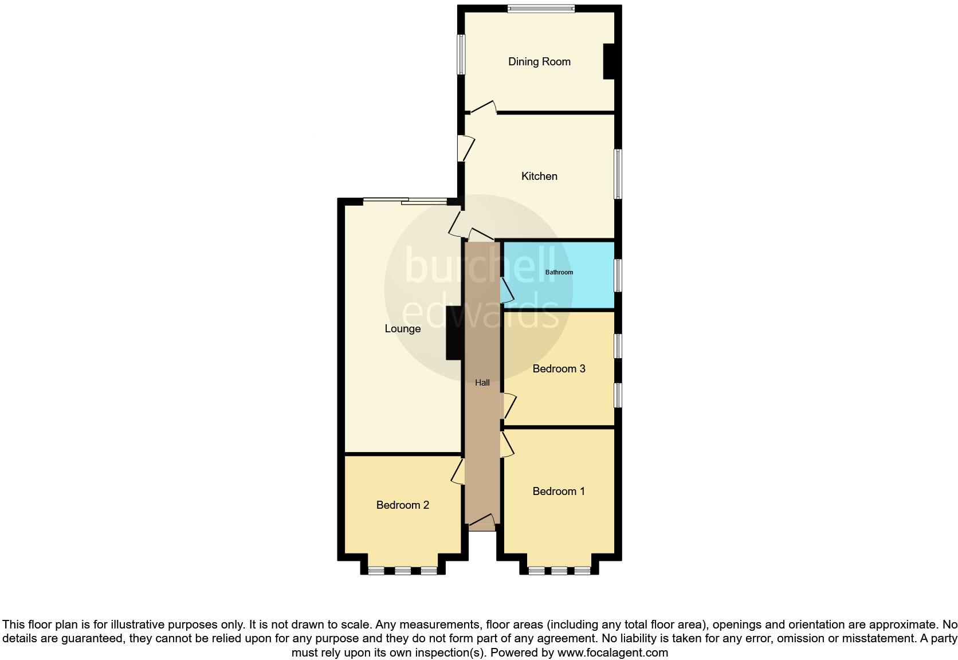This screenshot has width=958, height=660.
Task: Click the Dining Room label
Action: tap(539, 62)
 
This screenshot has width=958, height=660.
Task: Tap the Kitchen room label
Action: tap(539, 176)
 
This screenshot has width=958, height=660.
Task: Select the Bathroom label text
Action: tap(559, 272)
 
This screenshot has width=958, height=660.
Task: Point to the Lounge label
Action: tap(403, 329)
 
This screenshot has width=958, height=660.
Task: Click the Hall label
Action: tap(482, 383)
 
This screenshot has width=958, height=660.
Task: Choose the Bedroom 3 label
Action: tap(559, 369)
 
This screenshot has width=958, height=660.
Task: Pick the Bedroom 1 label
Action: tap(559, 492)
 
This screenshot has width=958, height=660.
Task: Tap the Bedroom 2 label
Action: tap(403, 505)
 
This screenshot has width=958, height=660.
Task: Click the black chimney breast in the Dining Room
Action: tap(608, 62)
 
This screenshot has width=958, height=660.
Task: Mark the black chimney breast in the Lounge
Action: tap(454, 333)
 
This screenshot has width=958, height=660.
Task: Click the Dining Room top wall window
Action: tap(541, 9)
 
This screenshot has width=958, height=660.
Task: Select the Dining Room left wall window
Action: tap(460, 54)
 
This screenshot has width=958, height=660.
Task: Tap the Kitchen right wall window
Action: tap(618, 174)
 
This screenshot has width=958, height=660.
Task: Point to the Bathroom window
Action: tap(618, 276)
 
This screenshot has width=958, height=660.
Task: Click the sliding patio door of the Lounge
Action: tap(405, 201)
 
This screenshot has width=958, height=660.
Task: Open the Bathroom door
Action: tap(507, 290)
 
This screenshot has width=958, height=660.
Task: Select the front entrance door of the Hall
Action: tap(482, 522)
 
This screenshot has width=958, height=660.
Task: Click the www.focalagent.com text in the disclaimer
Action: tap(613, 653)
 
